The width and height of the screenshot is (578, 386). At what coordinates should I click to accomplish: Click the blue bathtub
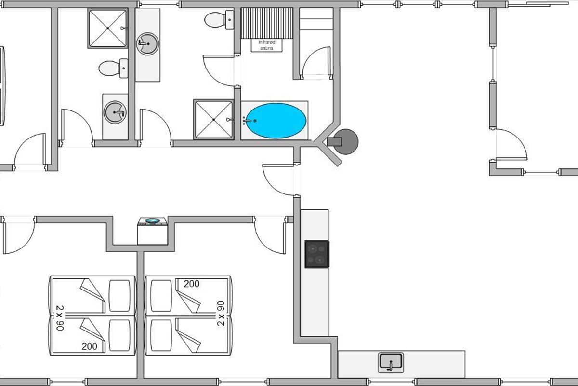pos(275,120)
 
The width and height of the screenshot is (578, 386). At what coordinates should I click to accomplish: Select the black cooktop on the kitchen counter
pos(317,254)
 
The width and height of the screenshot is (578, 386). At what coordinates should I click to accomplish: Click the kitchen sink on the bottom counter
pos(391,362)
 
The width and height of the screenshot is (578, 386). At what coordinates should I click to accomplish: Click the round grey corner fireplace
pos(346,141)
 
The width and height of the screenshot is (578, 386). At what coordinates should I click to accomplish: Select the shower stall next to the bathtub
pos(213,119)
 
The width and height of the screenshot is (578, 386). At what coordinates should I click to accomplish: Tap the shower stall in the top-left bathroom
pos(107,28)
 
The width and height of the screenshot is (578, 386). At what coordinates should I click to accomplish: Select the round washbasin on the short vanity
pos(115,113)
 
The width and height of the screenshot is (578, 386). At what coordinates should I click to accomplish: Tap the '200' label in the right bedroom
pos(192,284)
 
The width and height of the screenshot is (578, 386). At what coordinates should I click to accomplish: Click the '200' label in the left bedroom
pos(90,346)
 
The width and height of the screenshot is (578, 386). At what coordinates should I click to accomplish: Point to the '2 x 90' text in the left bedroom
pos(60,317)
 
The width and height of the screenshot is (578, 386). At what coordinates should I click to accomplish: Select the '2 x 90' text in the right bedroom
pos(221,313)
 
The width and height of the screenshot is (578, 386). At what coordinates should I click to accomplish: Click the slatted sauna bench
pos(266,22)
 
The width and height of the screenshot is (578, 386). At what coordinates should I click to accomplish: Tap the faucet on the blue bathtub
pos(248,120)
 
